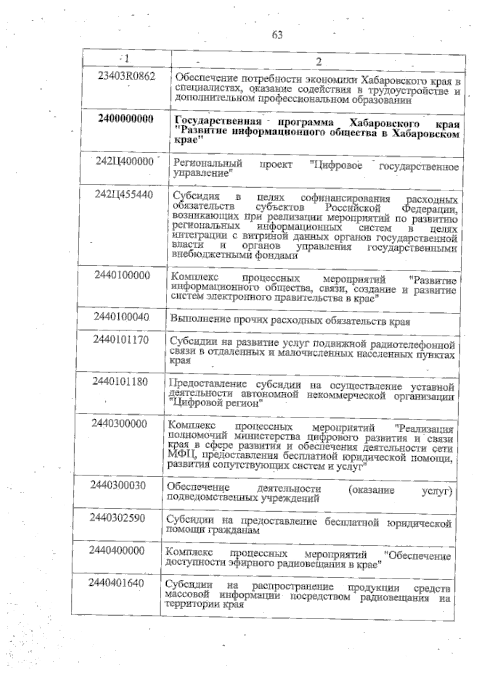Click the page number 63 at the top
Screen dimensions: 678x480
(277, 35)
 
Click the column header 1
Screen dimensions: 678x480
(126, 58)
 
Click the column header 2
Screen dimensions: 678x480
(319, 62)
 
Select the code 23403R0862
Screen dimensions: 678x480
(126, 76)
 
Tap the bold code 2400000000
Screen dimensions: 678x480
(126, 119)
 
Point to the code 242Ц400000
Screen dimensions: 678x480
(125, 161)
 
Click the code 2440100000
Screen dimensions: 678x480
(122, 275)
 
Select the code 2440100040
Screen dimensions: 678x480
(122, 317)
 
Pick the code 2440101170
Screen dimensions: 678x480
(121, 340)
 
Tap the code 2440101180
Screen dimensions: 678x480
(120, 382)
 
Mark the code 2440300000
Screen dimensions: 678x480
(119, 424)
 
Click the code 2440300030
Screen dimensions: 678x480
(118, 485)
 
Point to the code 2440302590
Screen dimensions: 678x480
(117, 518)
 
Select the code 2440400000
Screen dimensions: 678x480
(117, 551)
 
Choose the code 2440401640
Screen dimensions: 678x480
(116, 583)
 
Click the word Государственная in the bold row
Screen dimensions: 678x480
(218, 121)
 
